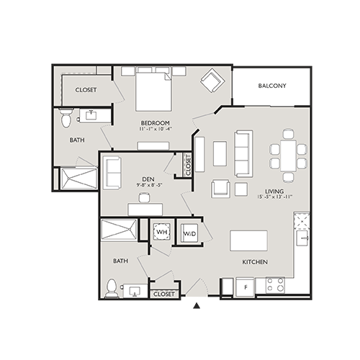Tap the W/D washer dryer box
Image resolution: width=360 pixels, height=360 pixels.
coord(189,233)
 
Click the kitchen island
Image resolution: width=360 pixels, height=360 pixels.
coord(248,240)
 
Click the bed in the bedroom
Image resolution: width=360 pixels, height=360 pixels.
coord(151,89)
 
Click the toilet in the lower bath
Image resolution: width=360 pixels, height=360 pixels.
coord(112,289)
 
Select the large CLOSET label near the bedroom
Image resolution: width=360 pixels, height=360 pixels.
coord(86,90)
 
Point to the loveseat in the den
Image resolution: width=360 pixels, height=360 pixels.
coord(112,170)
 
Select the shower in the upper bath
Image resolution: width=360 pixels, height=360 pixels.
coord(78,177)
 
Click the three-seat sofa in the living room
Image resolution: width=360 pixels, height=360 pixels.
coord(243,152)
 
